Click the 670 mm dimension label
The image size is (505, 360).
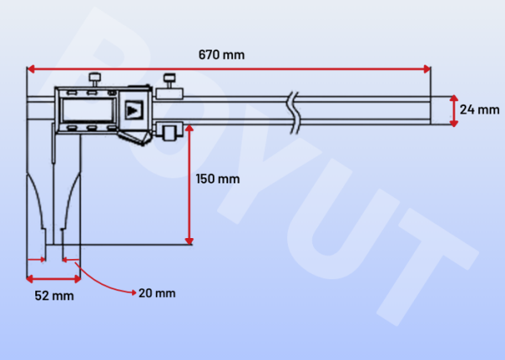point(221,55)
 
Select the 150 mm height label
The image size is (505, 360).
point(217,178)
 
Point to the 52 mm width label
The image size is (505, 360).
point(54,296)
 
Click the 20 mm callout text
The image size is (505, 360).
point(157,293)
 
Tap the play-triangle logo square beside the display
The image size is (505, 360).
point(132,109)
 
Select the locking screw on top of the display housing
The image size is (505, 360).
point(96,79)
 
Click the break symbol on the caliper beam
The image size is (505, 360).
point(293,111)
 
